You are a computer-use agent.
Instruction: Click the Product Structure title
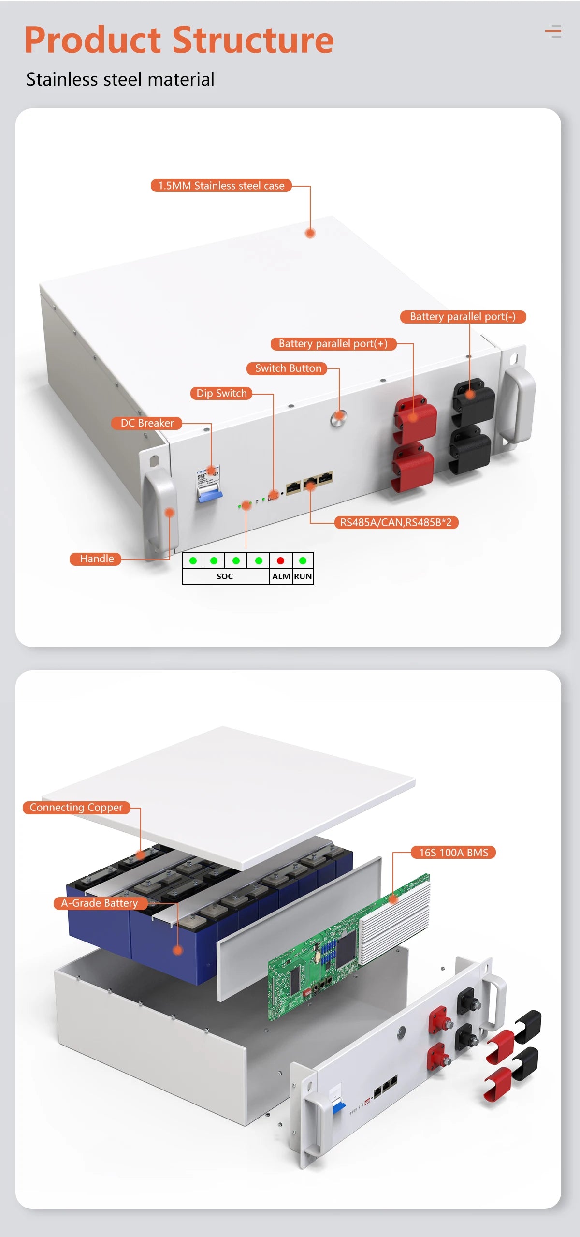point(179,40)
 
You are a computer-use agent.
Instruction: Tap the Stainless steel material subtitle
point(120,79)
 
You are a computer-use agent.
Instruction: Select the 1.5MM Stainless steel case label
point(221,186)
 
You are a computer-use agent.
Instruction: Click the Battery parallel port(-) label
point(463,317)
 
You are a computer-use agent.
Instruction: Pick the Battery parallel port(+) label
point(333,344)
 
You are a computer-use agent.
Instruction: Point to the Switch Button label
point(288,368)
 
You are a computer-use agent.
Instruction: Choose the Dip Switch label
point(221,393)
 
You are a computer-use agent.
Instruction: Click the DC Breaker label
point(147,423)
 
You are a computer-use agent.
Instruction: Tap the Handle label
point(97,559)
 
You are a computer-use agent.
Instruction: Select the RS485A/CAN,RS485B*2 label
point(396,522)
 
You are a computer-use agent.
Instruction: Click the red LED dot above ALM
point(280,560)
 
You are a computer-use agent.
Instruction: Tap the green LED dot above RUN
point(303,560)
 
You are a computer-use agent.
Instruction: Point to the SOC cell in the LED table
point(225,576)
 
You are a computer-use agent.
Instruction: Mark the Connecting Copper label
point(76,808)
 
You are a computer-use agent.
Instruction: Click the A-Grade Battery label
point(100,903)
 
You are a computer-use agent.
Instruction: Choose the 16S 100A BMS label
point(453,853)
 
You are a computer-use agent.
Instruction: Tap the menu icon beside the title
point(553,31)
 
